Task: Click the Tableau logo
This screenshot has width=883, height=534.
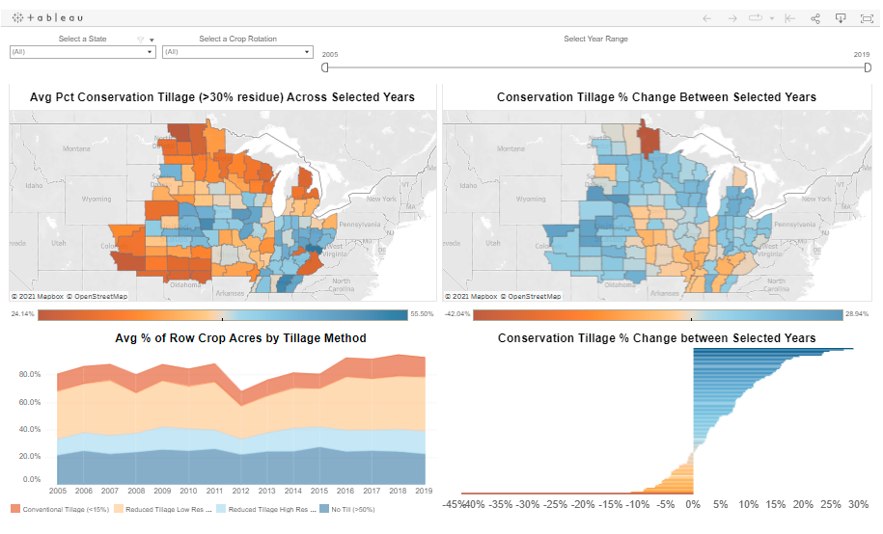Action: click(x=47, y=18)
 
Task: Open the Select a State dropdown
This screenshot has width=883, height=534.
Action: click(x=82, y=52)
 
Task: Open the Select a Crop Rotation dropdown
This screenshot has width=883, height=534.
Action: click(x=237, y=52)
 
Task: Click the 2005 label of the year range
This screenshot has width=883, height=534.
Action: click(x=330, y=55)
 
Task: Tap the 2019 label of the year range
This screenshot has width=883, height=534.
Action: click(x=862, y=55)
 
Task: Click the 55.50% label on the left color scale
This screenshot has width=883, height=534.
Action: click(x=422, y=314)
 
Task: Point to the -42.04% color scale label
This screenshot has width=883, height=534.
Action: click(x=457, y=314)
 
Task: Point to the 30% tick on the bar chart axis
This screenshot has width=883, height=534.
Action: click(x=858, y=503)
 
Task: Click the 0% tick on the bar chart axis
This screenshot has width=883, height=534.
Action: click(x=692, y=503)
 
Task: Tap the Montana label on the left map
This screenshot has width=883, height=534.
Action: click(x=76, y=148)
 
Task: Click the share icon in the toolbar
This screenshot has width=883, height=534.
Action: click(x=815, y=18)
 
